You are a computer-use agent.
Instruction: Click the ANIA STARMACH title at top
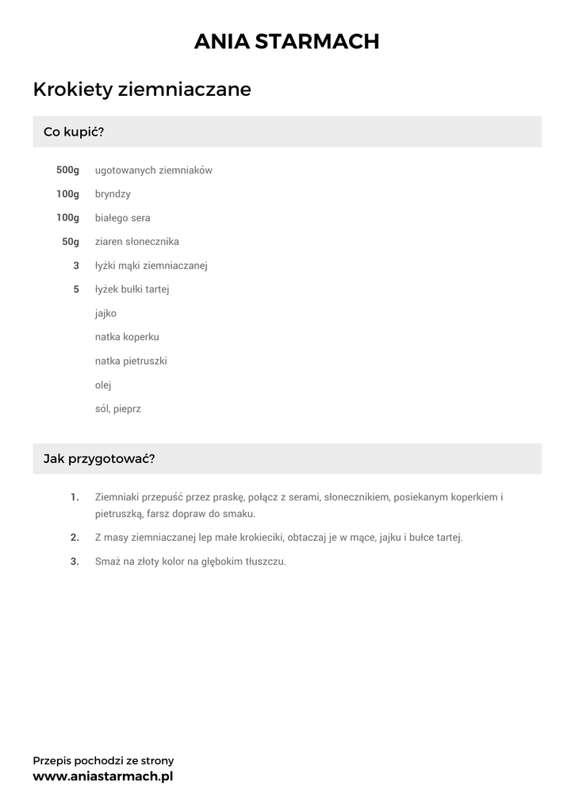pos(287,41)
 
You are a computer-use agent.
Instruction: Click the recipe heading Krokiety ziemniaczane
pos(142,90)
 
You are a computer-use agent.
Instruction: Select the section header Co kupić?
pos(74,132)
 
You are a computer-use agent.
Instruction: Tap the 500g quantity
pos(67,170)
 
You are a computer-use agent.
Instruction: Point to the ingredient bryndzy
pos(113,194)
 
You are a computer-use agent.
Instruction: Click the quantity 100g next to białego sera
pos(67,218)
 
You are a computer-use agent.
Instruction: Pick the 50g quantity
pos(71,242)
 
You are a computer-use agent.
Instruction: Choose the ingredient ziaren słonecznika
pos(136,242)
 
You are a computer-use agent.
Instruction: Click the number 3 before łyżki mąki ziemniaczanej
pos(76,266)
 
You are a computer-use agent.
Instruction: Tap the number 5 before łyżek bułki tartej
pos(76,289)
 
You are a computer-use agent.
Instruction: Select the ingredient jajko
pos(105,313)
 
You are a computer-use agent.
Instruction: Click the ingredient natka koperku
pos(127,337)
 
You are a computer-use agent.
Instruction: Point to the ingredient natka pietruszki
pos(131,361)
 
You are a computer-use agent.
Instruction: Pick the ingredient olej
pos(103,385)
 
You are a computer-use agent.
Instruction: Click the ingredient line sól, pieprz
pos(117,409)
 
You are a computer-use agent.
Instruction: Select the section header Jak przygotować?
pos(99,459)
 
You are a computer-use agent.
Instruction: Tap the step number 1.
pos(75,497)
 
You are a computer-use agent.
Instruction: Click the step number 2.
pos(75,537)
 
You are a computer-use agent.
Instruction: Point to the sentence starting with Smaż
pos(190,561)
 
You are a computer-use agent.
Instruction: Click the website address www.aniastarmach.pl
pos(102,776)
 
